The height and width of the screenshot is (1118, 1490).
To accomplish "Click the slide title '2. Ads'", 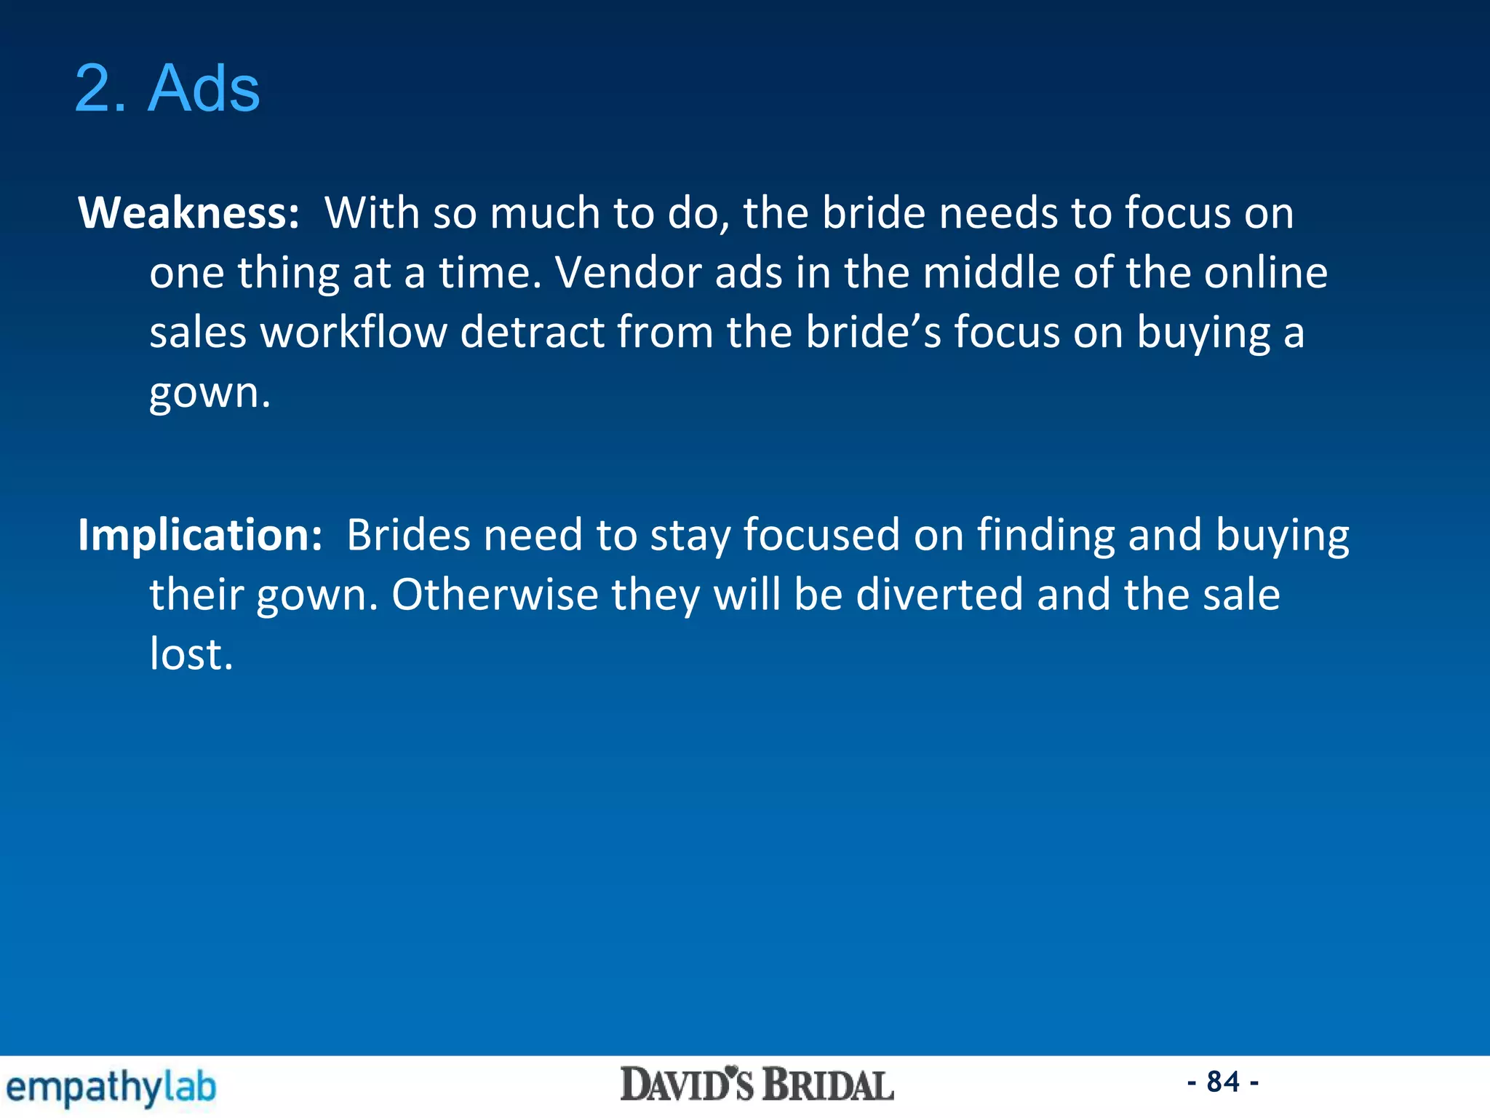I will pos(167,89).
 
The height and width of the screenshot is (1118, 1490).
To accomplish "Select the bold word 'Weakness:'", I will pos(188,213).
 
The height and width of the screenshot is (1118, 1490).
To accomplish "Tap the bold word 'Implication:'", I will pos(200,536).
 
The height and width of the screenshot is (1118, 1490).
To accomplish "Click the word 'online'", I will pos(1265,273).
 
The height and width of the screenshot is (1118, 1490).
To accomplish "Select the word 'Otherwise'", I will pos(495,595).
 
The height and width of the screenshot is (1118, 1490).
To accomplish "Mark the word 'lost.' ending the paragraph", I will pos(191,654).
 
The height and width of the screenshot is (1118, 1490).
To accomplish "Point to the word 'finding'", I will pos(1045,536).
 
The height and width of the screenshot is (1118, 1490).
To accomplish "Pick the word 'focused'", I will pos(821,536).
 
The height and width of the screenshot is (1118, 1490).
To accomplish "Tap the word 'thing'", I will pos(288,274).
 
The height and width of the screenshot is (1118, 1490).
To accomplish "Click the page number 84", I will pos(1223,1082).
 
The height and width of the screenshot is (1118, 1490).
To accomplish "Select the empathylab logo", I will pos(111,1087).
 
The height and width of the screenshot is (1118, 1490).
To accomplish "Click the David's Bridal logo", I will pos(757,1085).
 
